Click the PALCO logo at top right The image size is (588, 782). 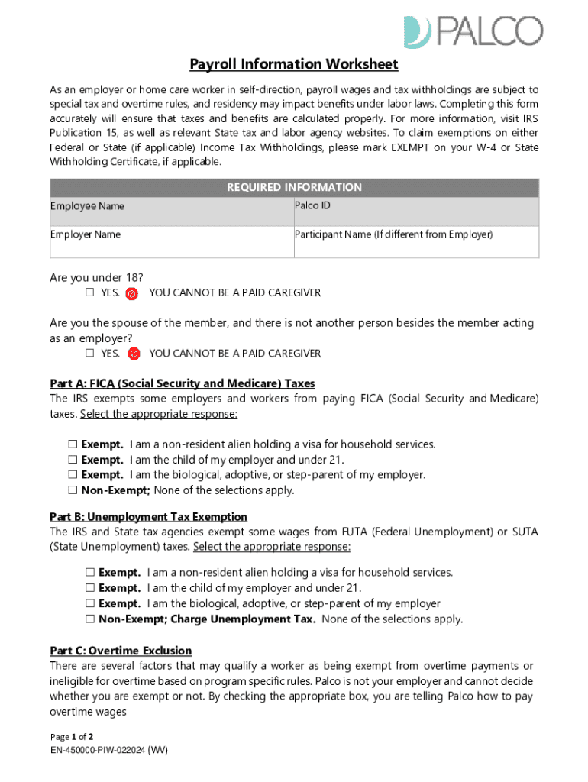click(473, 31)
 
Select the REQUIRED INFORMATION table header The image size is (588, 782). click(294, 187)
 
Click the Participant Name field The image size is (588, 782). click(416, 243)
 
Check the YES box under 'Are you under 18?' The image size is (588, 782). click(89, 293)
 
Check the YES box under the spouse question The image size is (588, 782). click(89, 354)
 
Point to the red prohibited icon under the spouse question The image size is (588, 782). click(133, 354)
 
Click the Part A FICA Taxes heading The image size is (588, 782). click(182, 383)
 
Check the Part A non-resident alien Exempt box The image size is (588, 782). click(73, 444)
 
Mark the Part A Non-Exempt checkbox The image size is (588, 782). click(73, 491)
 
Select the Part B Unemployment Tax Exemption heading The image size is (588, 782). click(148, 517)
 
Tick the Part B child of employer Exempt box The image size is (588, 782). click(89, 588)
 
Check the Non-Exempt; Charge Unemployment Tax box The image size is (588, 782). click(89, 619)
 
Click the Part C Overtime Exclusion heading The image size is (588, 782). click(121, 651)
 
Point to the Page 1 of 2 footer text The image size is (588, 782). click(72, 737)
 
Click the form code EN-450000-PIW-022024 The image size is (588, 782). click(108, 751)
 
